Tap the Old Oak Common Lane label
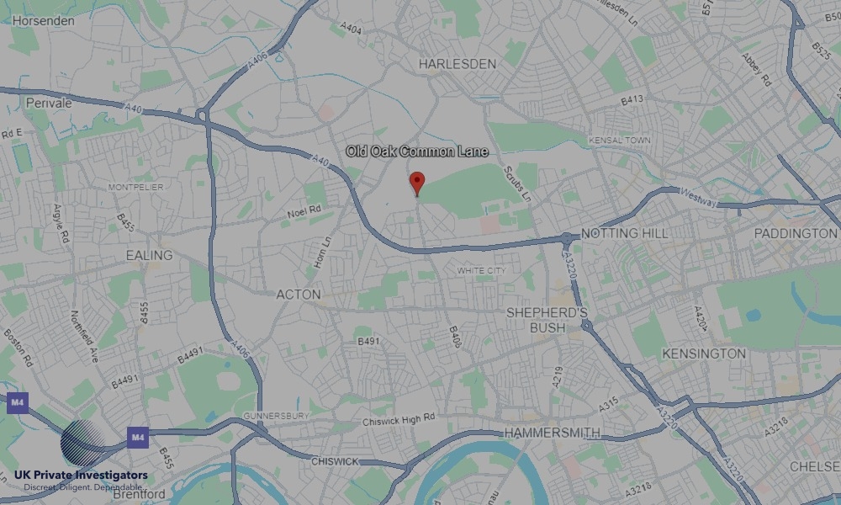point(417,151)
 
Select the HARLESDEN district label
point(459,63)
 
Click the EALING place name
point(149,255)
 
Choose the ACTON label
point(299,295)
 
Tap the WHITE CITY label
point(481,270)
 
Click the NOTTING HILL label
point(624,233)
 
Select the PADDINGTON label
point(796,233)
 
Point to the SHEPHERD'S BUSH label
point(547,320)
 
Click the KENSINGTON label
point(704,353)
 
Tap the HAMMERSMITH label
point(553,433)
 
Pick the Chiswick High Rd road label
point(399,418)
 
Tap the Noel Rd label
point(304,211)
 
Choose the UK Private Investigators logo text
point(81,476)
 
